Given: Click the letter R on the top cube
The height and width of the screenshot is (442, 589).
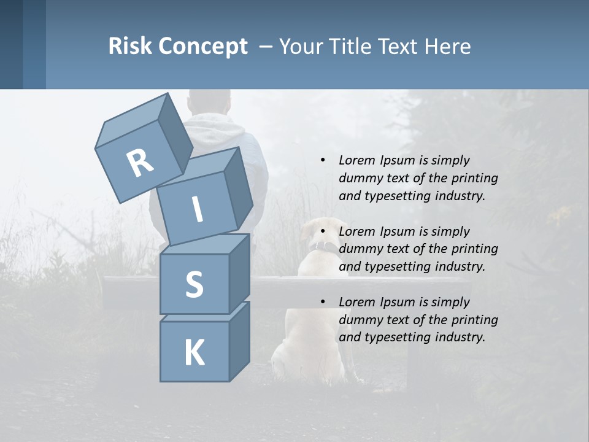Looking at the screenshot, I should pos(140,163).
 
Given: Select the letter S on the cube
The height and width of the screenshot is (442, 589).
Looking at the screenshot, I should pos(194,285).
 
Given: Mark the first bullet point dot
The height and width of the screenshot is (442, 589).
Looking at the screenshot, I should pos(323,160).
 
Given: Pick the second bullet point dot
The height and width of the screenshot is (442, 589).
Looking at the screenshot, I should pos(323,231).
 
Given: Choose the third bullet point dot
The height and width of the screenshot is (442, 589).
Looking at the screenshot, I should pos(323,302).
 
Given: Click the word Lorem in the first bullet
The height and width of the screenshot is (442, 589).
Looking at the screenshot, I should pos(356,160).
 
